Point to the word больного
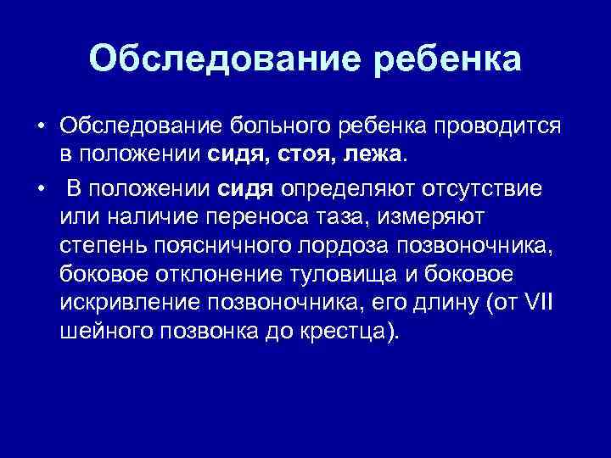[x=278, y=126]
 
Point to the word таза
[x=338, y=215]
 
